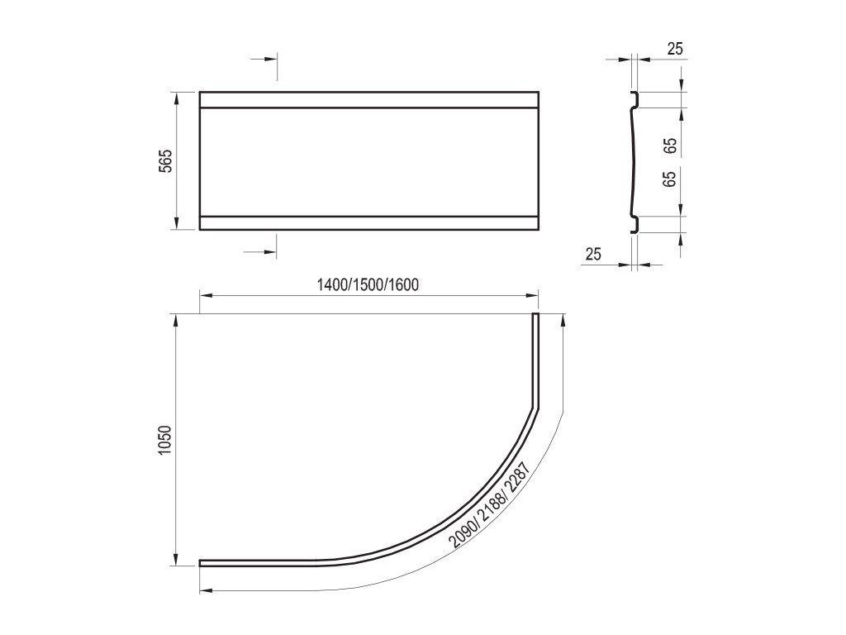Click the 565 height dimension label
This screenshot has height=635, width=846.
(167, 161)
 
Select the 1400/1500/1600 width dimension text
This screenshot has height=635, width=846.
(368, 284)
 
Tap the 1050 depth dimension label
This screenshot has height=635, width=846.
(165, 440)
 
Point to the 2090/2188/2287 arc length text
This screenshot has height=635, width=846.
(487, 504)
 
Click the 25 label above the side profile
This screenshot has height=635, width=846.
(675, 49)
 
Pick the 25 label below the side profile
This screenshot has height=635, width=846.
(593, 254)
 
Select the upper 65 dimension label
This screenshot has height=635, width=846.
(671, 146)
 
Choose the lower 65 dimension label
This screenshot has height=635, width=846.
(669, 179)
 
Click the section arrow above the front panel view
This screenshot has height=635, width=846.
(264, 60)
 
